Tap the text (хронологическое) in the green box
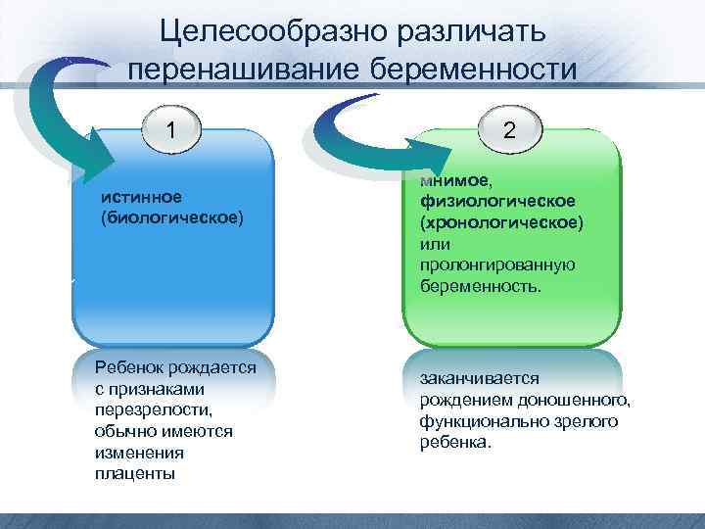click(500, 222)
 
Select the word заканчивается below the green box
click(473, 378)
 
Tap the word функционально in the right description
click(475, 421)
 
